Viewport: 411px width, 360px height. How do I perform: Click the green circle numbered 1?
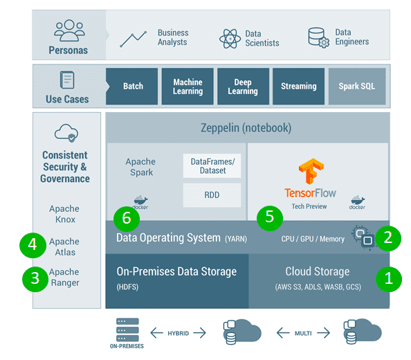point(387,279)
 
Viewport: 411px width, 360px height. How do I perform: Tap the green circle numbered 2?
point(387,238)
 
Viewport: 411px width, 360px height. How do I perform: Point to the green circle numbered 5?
point(269,217)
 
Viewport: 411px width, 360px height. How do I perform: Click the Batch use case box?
point(132,87)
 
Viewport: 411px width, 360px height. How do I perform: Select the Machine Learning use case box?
point(188,87)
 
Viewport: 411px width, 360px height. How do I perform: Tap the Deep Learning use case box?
point(243,87)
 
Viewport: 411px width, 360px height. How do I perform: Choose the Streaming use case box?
point(298,87)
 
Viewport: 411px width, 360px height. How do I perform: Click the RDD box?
point(212,195)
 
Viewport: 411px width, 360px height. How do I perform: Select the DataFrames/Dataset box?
point(212,166)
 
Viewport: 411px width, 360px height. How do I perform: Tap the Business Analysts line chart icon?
point(133,38)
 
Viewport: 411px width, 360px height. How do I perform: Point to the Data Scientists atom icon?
point(229,38)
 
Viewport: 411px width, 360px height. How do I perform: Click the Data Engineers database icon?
point(318,38)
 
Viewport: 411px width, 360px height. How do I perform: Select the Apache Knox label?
point(64,214)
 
